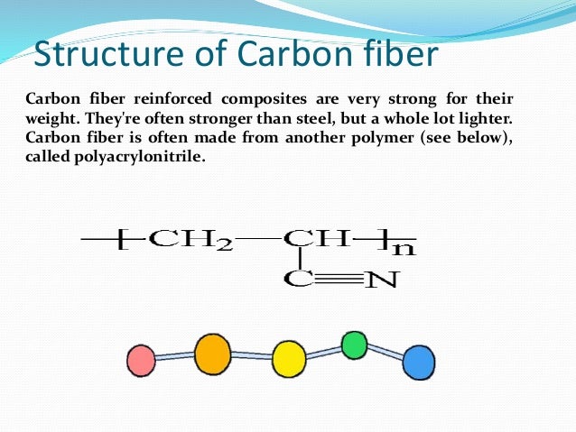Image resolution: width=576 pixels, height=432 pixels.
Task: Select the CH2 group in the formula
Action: (x=190, y=240)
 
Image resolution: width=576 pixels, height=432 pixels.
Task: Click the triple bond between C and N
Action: (x=339, y=279)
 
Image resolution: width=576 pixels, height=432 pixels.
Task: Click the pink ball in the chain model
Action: (x=142, y=361)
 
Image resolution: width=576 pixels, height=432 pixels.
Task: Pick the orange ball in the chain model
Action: (x=213, y=353)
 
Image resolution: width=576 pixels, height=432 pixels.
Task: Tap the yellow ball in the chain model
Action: (x=289, y=357)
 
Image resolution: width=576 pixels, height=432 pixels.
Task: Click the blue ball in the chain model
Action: (x=418, y=363)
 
